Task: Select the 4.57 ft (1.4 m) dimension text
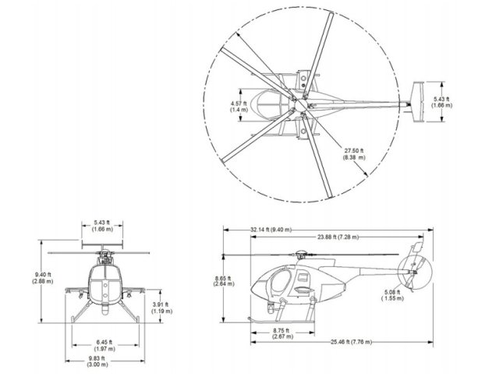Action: click(x=239, y=107)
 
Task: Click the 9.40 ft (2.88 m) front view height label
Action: click(x=44, y=277)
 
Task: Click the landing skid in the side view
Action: click(x=281, y=320)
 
